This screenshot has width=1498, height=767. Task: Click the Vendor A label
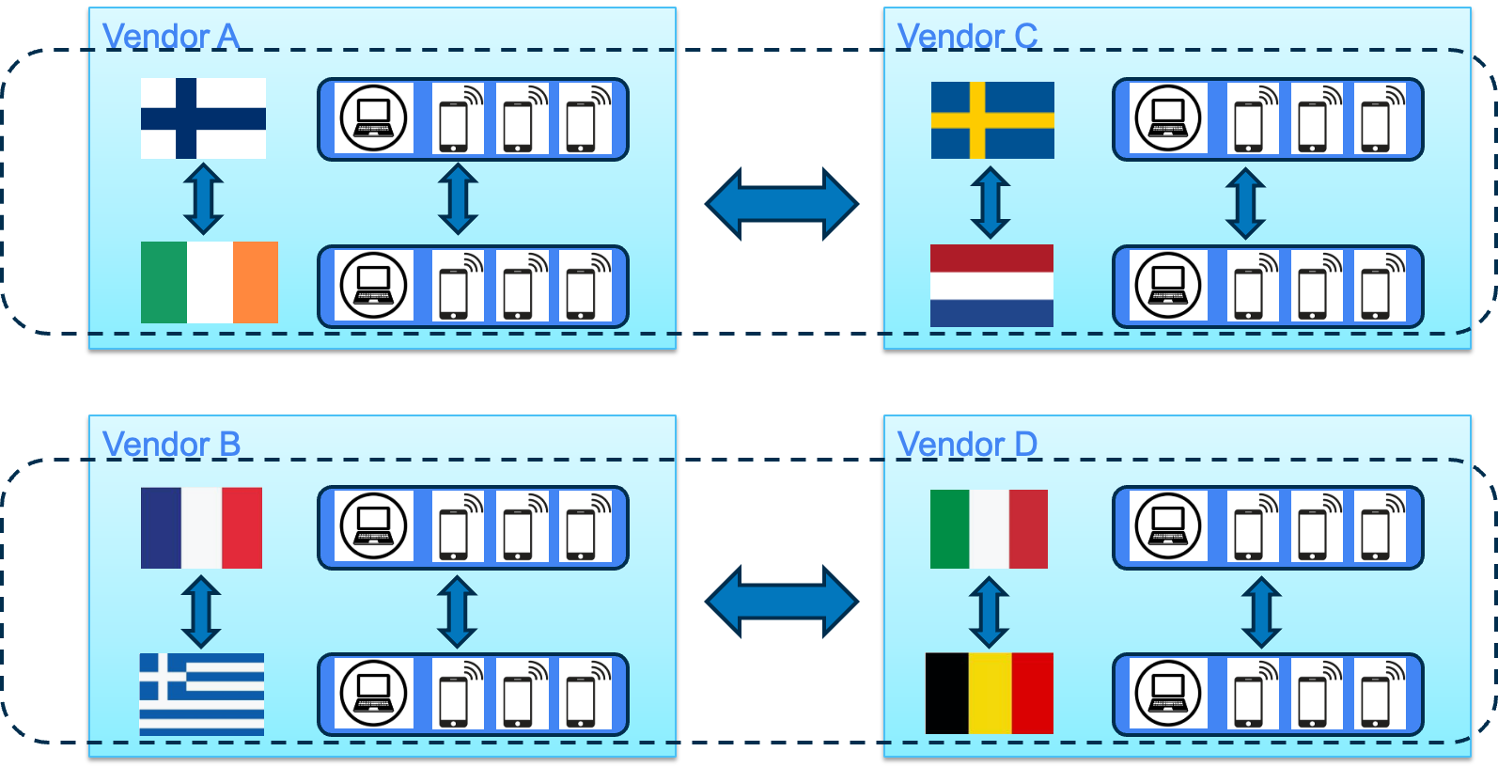point(170,36)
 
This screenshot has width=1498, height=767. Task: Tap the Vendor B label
point(171,444)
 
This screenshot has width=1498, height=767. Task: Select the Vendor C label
point(967,36)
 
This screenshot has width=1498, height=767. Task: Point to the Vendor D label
point(967,444)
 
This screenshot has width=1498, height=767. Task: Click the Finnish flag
point(203,118)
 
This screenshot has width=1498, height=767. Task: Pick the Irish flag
point(210,282)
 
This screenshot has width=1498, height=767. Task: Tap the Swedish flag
point(992,120)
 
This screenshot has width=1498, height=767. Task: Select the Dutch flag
point(991,286)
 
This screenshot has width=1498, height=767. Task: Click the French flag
point(201,527)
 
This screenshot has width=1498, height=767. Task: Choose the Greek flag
point(201,694)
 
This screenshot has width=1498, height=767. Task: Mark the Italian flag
point(989,529)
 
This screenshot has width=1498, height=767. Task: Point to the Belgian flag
point(990,694)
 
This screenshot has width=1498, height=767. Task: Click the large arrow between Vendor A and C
point(782,204)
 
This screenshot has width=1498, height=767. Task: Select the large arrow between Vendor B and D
point(782,602)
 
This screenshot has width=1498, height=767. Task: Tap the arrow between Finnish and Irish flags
point(203,198)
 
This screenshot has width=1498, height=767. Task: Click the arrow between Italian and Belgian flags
point(989,613)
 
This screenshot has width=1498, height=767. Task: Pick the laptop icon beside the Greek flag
point(373,694)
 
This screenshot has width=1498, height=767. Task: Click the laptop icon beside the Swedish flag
point(1167,118)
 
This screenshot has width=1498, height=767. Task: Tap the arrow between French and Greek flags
point(201,612)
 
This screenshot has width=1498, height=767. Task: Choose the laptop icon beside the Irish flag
point(373,286)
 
